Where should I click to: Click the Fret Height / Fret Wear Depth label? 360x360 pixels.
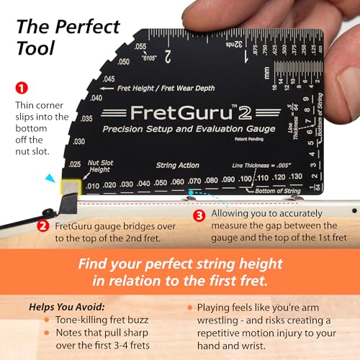pos(153,88)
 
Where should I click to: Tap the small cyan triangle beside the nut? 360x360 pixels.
pos(48,177)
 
